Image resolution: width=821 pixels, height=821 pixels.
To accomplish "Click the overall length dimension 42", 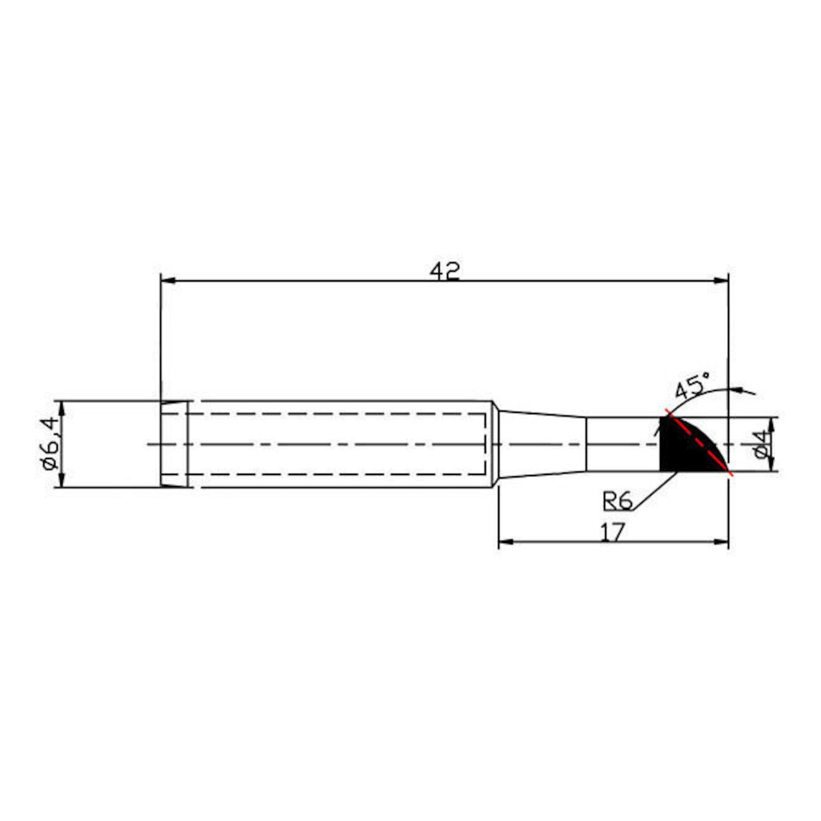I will click(445, 272).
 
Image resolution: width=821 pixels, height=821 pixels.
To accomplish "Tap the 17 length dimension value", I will click(613, 532).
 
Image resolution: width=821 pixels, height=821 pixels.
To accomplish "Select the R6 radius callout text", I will click(618, 501).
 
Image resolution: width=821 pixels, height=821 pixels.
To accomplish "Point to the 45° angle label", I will click(692, 386).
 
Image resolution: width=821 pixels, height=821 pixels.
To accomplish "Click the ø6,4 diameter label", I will click(50, 444).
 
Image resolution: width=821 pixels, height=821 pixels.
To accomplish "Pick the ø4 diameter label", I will click(760, 444).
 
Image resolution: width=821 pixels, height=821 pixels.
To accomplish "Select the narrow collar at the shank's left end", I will click(175, 444).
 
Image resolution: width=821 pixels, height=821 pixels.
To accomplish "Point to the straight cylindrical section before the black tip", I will click(623, 444).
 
